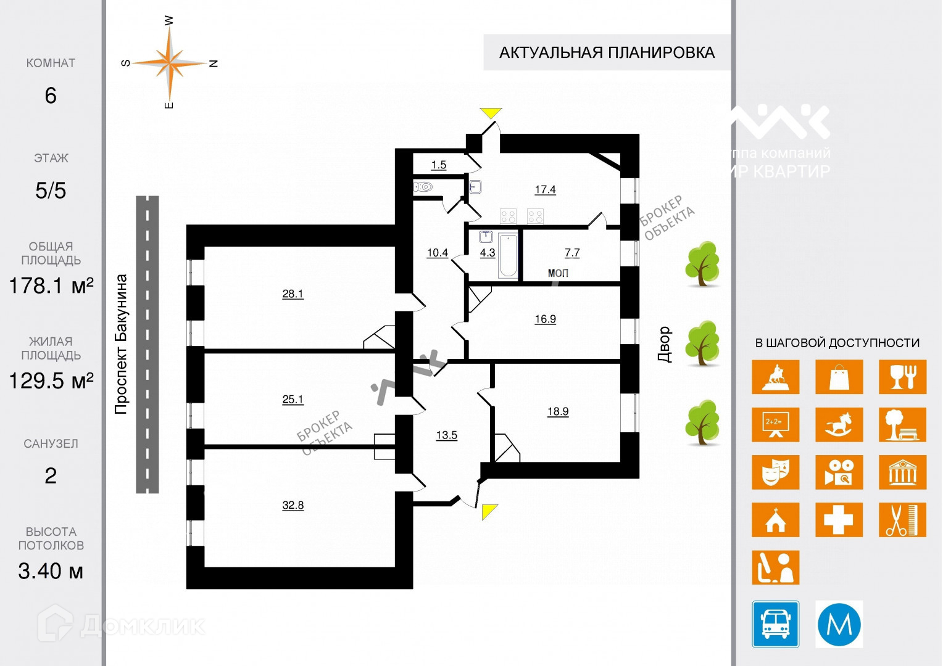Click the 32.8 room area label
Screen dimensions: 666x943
(x=293, y=505)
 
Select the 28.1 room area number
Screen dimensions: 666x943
(x=293, y=294)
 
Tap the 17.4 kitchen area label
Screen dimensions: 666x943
(x=545, y=189)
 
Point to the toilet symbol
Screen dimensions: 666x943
(x=424, y=186)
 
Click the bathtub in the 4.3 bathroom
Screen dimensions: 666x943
(x=508, y=255)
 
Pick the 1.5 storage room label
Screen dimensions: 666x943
(x=439, y=165)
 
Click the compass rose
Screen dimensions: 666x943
(x=169, y=63)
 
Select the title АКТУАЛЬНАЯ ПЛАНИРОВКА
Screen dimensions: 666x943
(x=607, y=53)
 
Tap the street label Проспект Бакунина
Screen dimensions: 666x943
(x=121, y=343)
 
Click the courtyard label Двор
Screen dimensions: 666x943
(x=664, y=344)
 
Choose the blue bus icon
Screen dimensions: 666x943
(x=775, y=623)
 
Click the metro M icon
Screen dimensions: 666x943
(x=839, y=623)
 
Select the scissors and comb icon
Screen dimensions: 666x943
(x=902, y=520)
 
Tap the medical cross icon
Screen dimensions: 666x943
(x=839, y=520)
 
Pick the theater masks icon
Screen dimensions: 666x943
(x=775, y=472)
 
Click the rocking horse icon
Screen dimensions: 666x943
(x=839, y=424)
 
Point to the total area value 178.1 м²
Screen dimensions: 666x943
(x=51, y=286)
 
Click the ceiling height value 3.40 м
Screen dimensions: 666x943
(x=51, y=571)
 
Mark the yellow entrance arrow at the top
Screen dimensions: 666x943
(x=491, y=113)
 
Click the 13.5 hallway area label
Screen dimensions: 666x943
(x=447, y=435)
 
